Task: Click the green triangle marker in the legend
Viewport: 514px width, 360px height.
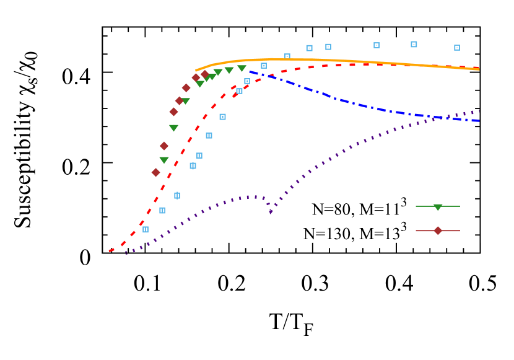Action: pyautogui.click(x=438, y=207)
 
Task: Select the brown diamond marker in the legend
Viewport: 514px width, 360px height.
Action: pyautogui.click(x=438, y=230)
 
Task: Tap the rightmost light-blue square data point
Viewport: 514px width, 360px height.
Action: pyautogui.click(x=457, y=48)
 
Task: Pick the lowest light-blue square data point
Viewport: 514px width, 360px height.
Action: pyautogui.click(x=146, y=229)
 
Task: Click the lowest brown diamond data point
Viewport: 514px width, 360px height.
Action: pyautogui.click(x=156, y=172)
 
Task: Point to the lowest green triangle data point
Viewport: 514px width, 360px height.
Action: pyautogui.click(x=164, y=160)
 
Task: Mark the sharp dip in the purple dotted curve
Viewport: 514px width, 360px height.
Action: pyautogui.click(x=271, y=212)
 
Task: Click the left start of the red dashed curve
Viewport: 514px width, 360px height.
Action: pyautogui.click(x=110, y=250)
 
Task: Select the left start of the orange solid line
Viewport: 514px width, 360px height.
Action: pyautogui.click(x=196, y=71)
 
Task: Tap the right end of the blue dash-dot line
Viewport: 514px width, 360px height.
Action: pyautogui.click(x=479, y=121)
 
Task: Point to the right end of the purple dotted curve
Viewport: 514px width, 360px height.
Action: pyautogui.click(x=479, y=111)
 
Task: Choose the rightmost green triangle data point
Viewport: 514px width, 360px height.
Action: pyautogui.click(x=242, y=68)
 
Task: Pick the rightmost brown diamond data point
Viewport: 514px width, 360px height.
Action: pyautogui.click(x=205, y=74)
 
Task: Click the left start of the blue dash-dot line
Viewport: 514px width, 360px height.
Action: pyautogui.click(x=250, y=72)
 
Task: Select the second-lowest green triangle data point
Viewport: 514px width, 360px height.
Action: pyautogui.click(x=173, y=128)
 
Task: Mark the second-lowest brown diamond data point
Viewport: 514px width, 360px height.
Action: pyautogui.click(x=164, y=146)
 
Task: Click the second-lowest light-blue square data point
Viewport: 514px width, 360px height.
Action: pyautogui.click(x=162, y=210)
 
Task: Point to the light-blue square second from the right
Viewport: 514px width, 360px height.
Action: pyautogui.click(x=414, y=44)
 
